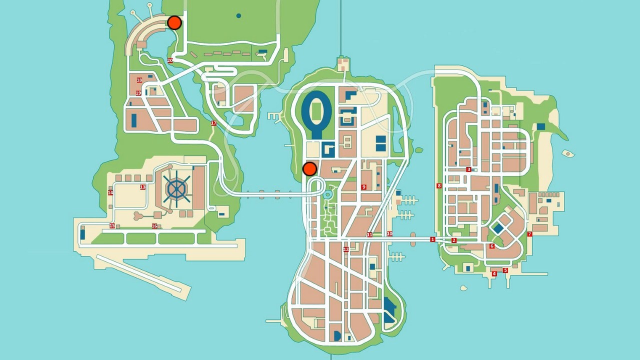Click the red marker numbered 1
tap(432, 240)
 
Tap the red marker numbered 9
tap(364, 187)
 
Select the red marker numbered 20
tap(170, 60)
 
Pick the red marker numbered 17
tap(214, 123)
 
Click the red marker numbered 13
tap(143, 187)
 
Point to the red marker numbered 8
tap(439, 186)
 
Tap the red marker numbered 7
tap(529, 234)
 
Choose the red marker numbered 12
tap(346, 249)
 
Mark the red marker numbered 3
tap(468, 170)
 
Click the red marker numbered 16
tap(154, 226)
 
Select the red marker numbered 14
tap(111, 193)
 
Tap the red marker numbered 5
tap(505, 270)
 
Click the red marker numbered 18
tap(139, 80)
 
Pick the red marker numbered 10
tap(389, 234)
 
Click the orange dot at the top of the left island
tap(174, 22)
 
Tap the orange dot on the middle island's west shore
tap(310, 168)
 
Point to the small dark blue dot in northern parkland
tap(238, 16)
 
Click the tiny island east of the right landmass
tap(567, 153)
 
